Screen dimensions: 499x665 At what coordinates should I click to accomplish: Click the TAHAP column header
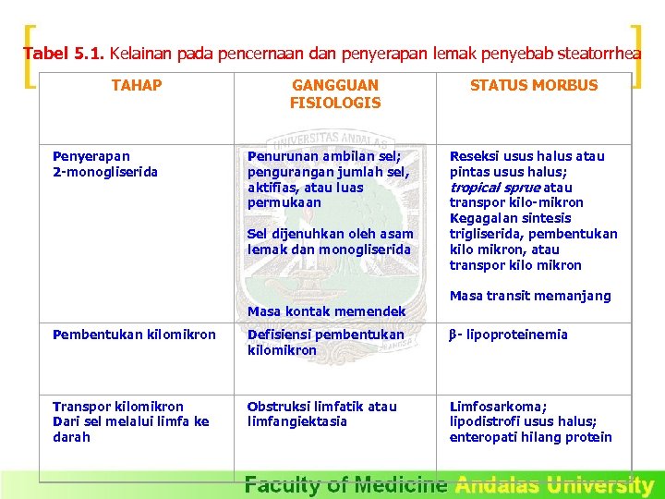[136, 86]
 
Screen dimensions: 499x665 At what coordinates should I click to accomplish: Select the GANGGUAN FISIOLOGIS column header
[334, 94]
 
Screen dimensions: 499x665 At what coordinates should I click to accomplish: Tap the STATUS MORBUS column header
[534, 86]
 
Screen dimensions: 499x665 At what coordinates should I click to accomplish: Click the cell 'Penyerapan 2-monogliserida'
[105, 164]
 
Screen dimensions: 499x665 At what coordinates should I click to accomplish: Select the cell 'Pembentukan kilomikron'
[134, 335]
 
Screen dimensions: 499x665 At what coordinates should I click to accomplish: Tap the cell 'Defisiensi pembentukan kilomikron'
[325, 343]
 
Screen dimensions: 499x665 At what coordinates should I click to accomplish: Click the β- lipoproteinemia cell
[508, 335]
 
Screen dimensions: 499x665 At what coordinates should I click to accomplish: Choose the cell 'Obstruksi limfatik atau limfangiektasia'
[321, 414]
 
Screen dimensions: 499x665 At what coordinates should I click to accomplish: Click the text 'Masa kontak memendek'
[326, 311]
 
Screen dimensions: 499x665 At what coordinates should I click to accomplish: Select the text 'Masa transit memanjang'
[530, 296]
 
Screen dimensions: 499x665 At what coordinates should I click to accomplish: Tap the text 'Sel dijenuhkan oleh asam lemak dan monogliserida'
[329, 242]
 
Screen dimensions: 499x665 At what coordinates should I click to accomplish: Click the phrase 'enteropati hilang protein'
[530, 438]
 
